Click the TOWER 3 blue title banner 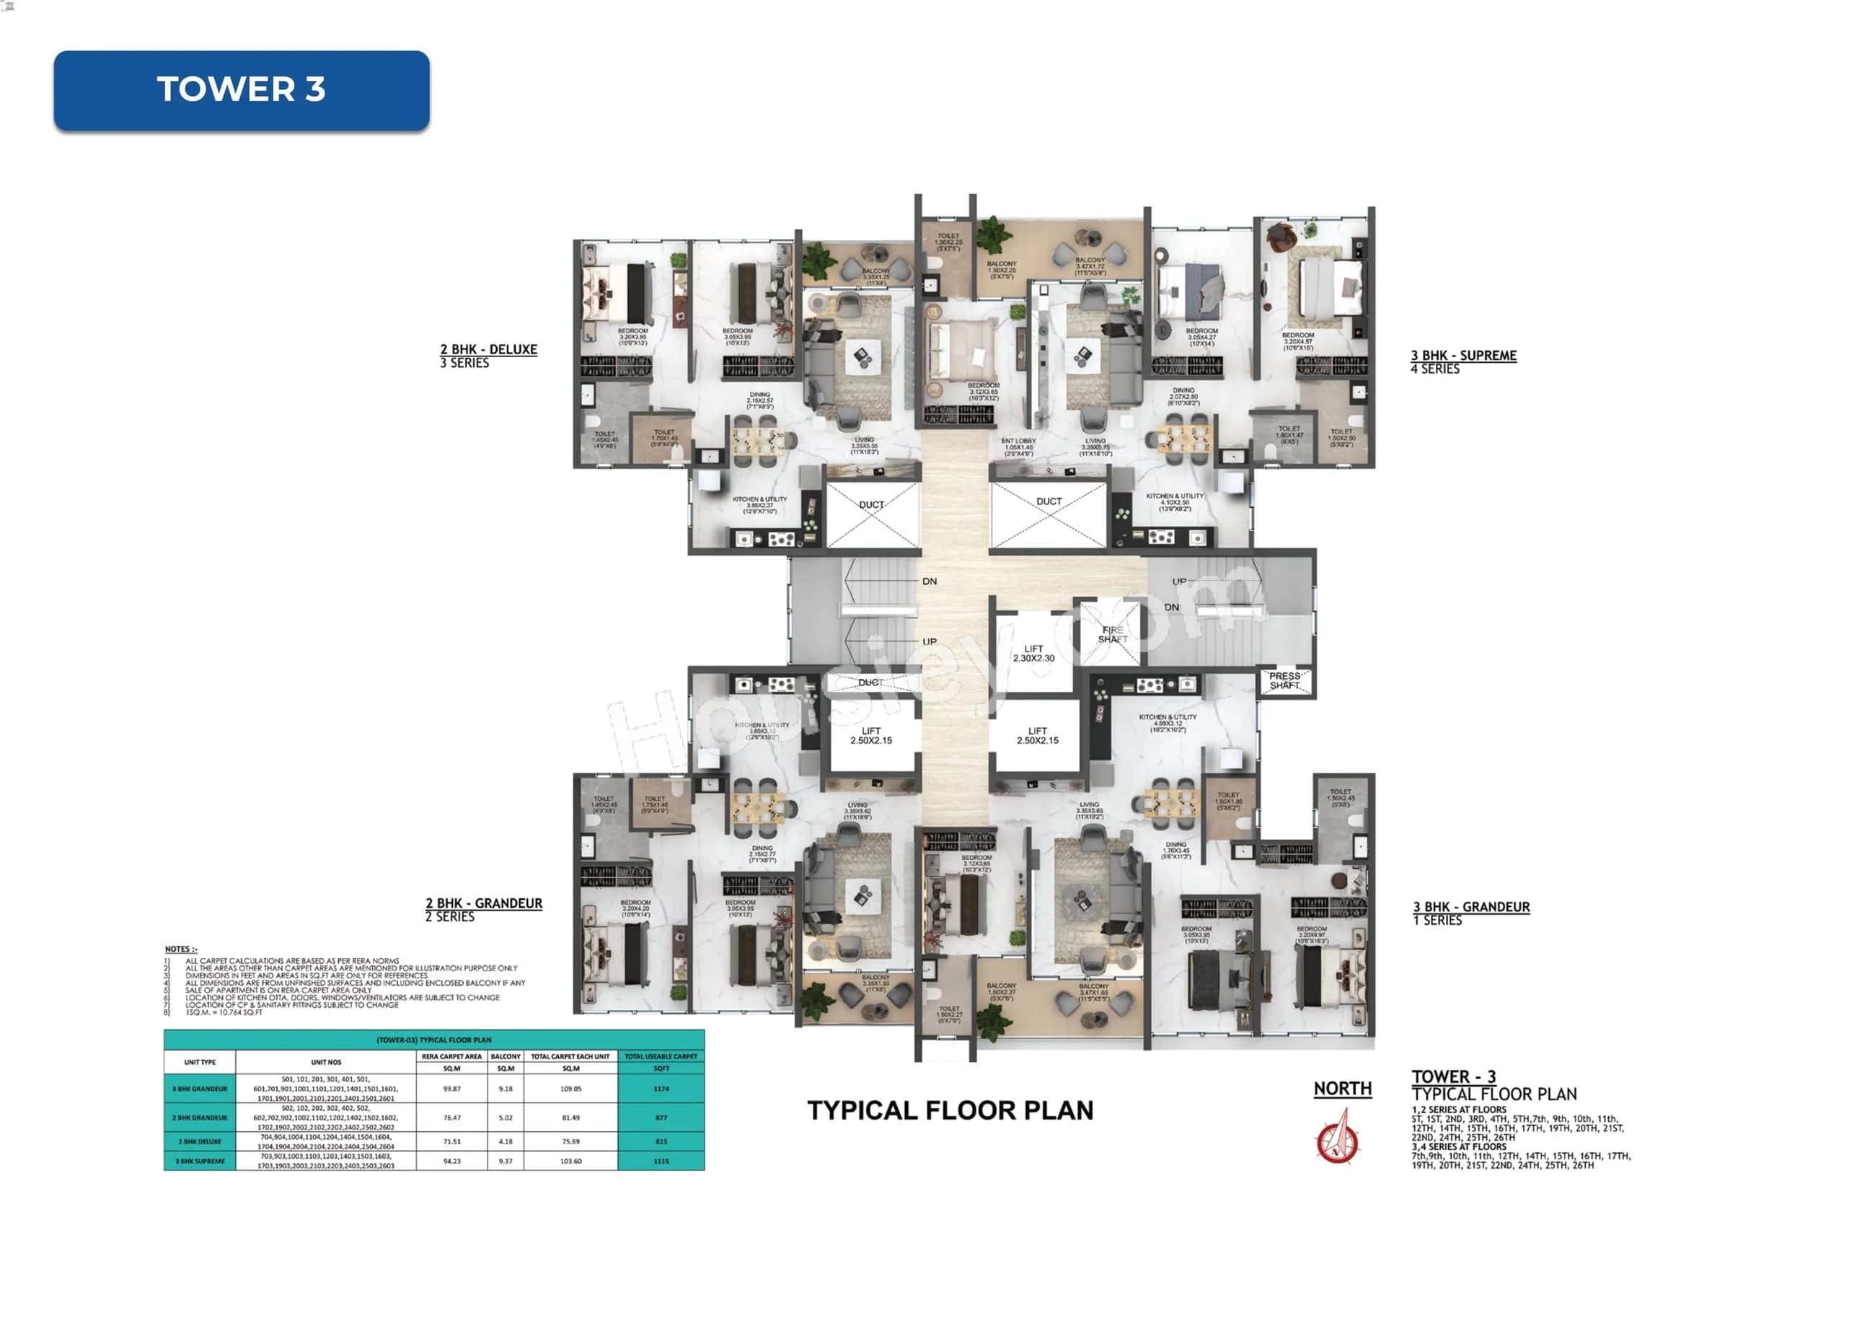(x=241, y=90)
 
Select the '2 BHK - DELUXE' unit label (x=488, y=350)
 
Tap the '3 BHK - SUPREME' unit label (x=1463, y=356)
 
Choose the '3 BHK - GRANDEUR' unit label (x=1472, y=907)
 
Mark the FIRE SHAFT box (x=1112, y=634)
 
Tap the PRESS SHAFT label (x=1284, y=680)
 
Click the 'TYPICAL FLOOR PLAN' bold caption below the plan (x=950, y=1110)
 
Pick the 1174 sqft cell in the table (x=661, y=1088)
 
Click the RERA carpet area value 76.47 (x=451, y=1117)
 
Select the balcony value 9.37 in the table (x=506, y=1161)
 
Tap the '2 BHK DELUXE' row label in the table (x=199, y=1141)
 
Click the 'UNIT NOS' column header (x=326, y=1062)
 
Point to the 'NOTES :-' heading (x=181, y=949)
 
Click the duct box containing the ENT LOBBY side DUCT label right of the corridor (x=1049, y=514)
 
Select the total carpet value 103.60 (x=571, y=1161)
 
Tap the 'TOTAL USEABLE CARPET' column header (x=661, y=1056)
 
